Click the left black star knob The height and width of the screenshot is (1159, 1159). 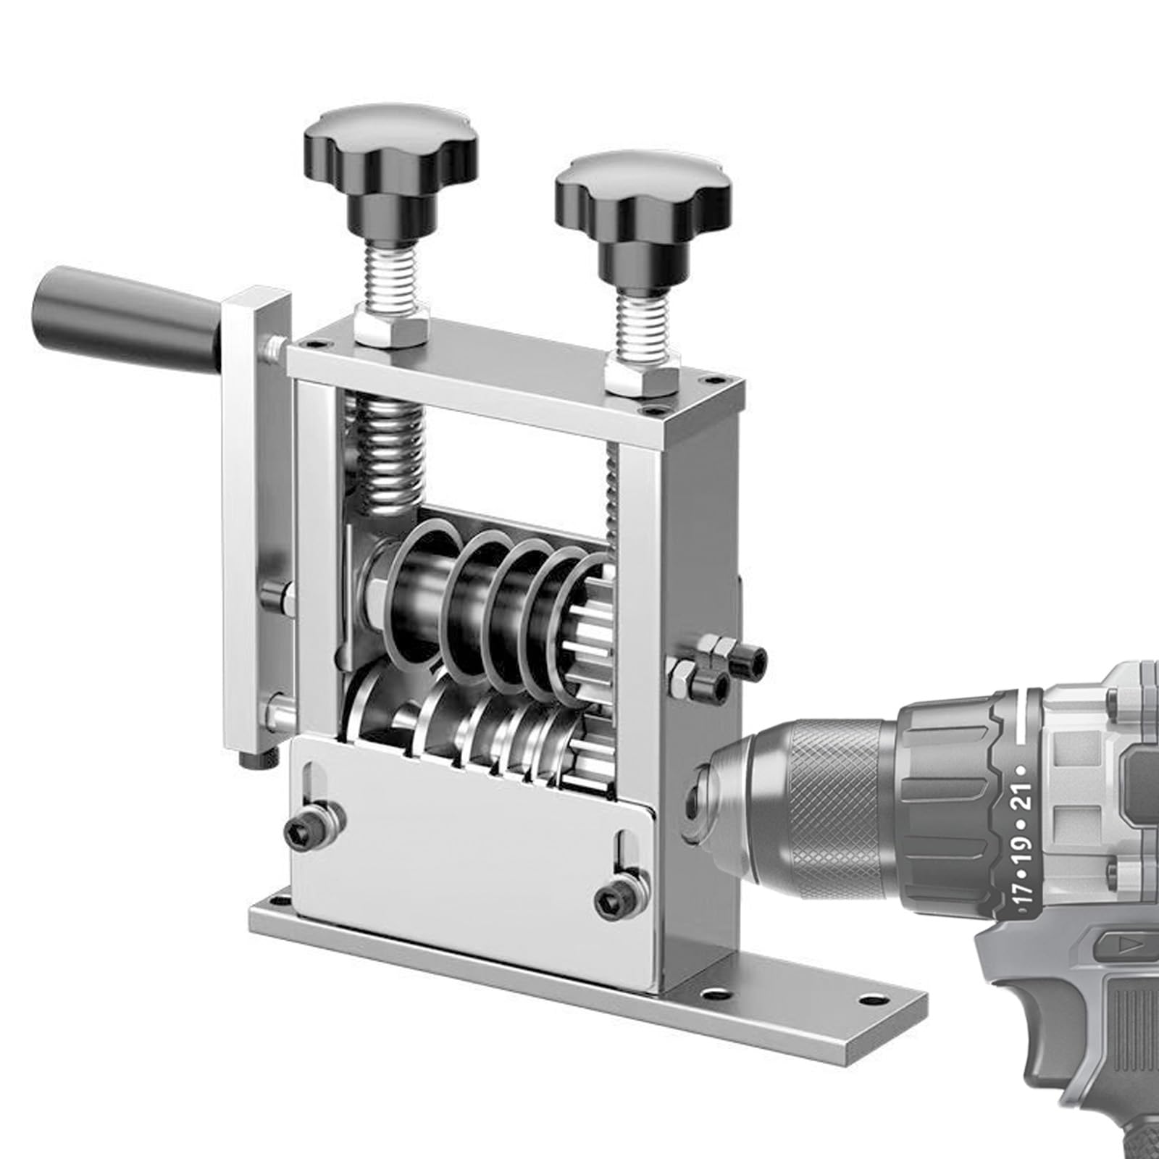(389, 148)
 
